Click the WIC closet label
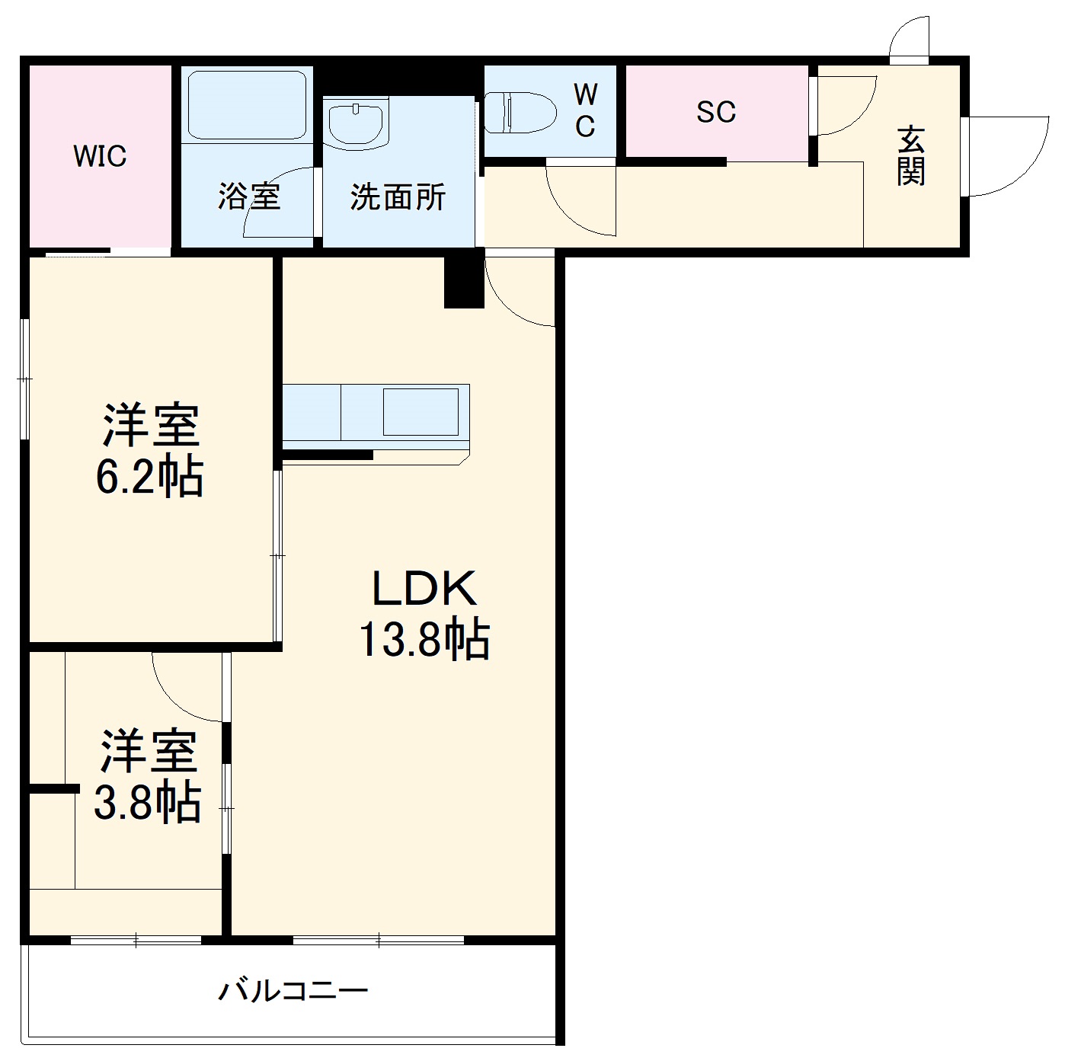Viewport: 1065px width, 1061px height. point(100,156)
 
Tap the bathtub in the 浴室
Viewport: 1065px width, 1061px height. point(247,105)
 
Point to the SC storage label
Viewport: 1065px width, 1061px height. point(716,112)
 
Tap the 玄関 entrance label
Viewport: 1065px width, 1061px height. point(910,156)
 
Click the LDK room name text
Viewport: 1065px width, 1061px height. point(424,588)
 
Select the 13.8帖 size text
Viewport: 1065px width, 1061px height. point(424,640)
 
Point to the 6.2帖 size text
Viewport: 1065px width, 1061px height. point(150,478)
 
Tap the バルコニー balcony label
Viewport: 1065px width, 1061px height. point(293,990)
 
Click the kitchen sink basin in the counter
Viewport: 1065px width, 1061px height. point(421,411)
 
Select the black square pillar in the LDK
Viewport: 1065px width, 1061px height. point(464,282)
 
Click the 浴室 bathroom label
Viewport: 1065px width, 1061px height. point(249,197)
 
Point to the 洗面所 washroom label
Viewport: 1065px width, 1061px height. point(398,197)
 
